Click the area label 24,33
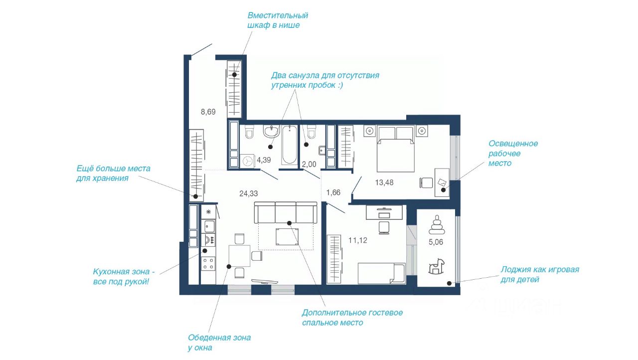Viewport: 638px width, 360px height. coord(248,193)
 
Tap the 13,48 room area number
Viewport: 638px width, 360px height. coord(384,182)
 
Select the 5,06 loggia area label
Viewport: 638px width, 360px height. coord(436,242)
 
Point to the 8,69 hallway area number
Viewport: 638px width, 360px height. coord(208,112)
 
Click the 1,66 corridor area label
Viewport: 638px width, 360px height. coord(333,192)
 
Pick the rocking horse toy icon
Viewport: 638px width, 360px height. coord(436,266)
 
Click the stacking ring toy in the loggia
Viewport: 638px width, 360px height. coord(436,225)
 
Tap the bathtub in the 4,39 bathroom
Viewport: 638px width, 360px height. coord(290,145)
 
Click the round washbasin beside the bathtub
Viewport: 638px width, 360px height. coord(271,131)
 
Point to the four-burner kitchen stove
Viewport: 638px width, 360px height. coord(208,264)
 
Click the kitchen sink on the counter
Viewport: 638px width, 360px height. coord(208,226)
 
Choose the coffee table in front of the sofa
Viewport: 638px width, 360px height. coord(287,236)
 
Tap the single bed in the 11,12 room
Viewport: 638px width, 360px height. coord(381,273)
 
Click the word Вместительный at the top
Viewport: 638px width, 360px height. coord(278,15)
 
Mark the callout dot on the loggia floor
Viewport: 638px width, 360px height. coord(449,283)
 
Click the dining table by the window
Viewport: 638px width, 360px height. coord(239,255)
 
